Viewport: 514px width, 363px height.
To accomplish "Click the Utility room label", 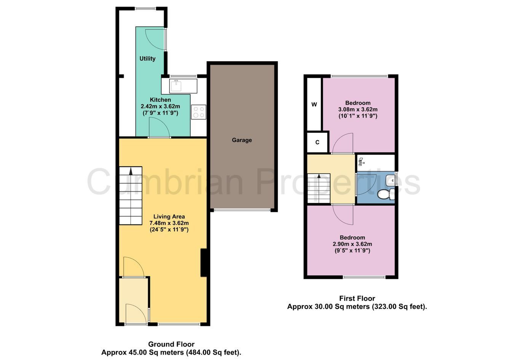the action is [147, 59].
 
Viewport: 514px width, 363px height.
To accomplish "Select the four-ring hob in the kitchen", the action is [199, 112].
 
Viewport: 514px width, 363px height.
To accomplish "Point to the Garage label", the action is [242, 140].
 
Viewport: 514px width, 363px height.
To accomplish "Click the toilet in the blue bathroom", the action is [386, 194].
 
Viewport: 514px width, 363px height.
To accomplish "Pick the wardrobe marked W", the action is [314, 104].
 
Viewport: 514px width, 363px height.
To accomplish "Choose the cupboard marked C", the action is [318, 142].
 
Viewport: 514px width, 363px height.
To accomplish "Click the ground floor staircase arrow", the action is [131, 172].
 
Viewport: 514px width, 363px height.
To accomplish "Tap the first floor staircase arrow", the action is [319, 176].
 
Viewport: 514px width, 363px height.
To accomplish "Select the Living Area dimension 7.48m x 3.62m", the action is [169, 223].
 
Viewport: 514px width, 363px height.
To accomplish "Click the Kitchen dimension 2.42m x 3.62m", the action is [160, 107].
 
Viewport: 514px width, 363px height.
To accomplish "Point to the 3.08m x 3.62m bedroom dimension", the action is [358, 110].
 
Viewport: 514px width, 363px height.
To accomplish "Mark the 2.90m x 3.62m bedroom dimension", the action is [352, 244].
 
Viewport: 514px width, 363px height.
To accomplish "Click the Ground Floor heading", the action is [171, 344].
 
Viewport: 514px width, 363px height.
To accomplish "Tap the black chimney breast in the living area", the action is [204, 263].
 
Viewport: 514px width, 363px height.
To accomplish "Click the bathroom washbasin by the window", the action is [390, 180].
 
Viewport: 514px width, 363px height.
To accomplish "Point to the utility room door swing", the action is [155, 40].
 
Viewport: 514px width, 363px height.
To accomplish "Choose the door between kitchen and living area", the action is [160, 127].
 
